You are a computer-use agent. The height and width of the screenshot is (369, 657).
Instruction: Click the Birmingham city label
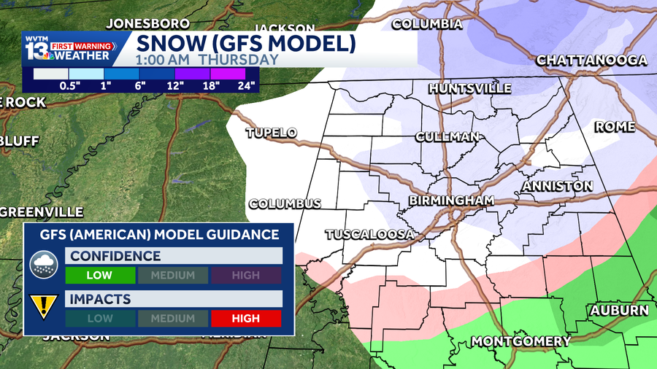[x=451, y=200]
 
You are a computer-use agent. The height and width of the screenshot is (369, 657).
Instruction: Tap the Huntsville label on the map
[x=469, y=88]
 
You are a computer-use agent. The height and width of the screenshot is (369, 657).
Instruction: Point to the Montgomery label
[x=520, y=341]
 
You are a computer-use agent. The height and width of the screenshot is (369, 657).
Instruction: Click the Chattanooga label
[x=592, y=61]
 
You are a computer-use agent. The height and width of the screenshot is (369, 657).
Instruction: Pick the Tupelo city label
[x=272, y=133]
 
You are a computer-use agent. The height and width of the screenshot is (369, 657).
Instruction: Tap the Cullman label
[x=447, y=136]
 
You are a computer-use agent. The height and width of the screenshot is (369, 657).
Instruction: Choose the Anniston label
[x=557, y=187]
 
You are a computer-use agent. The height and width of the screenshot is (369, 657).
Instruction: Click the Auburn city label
[x=619, y=310]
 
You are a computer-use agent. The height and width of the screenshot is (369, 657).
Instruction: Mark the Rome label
[x=615, y=127]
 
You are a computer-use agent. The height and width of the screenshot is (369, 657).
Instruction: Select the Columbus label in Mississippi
[x=285, y=204]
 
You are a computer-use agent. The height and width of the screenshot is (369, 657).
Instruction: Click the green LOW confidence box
[x=101, y=275]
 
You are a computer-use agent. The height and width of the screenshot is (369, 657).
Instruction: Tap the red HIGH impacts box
[x=246, y=318]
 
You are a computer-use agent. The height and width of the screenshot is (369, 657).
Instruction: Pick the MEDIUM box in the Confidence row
[x=173, y=275]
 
